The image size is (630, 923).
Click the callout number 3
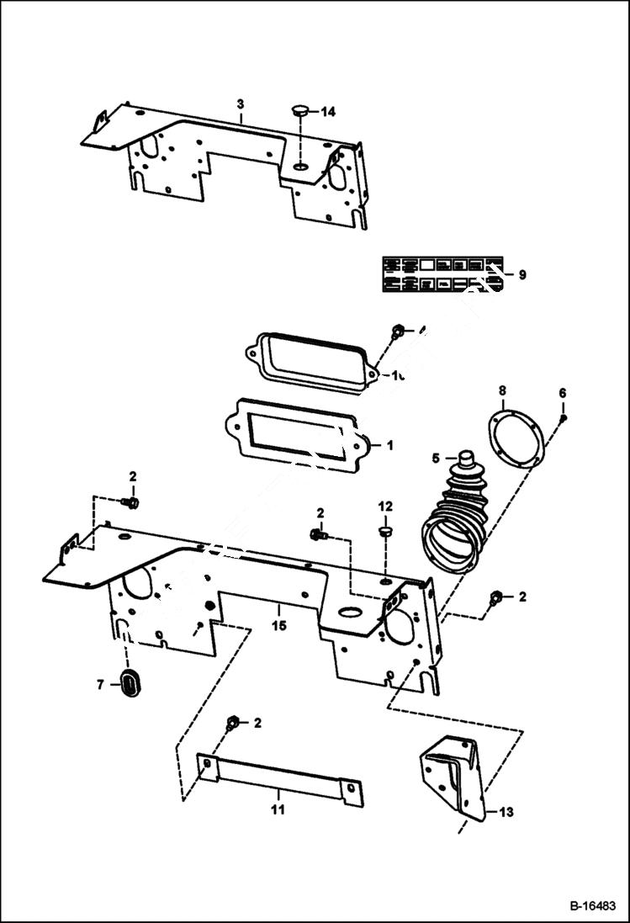coord(241,103)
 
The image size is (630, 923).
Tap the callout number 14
coord(327,111)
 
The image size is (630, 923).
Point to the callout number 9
coord(521,275)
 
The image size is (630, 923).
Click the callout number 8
coord(502,390)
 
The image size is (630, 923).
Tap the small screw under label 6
coord(564,417)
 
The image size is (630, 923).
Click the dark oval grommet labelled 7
coord(130,683)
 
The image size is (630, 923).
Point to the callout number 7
coord(100,685)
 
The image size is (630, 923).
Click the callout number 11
coord(278,810)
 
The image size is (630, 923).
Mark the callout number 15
coord(278,626)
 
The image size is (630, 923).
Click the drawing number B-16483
coord(593,907)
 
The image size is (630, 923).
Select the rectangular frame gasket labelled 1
coord(294,433)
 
